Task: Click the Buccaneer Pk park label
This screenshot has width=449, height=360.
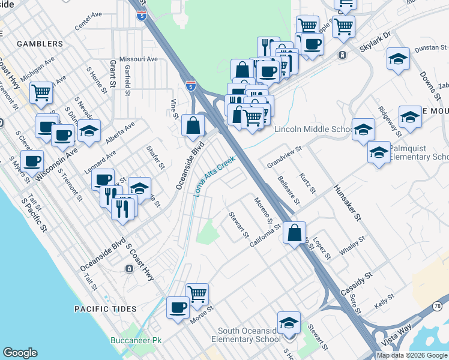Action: (136, 340)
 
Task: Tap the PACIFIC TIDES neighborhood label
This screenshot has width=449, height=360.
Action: (106, 309)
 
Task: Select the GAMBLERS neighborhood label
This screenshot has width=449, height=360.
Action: (40, 44)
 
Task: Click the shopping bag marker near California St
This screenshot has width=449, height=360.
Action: (295, 233)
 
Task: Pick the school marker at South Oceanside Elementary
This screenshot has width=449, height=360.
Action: (289, 322)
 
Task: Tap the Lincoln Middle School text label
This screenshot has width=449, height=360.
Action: (314, 129)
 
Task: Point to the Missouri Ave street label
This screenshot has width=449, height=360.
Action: (138, 59)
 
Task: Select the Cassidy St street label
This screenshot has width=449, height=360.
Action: (357, 281)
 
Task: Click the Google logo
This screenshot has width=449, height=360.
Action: (20, 353)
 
